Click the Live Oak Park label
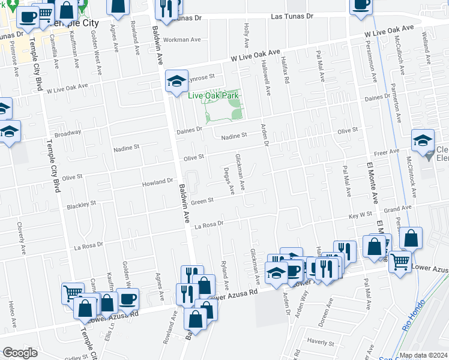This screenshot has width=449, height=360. click(x=213, y=95)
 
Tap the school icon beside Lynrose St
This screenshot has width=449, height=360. click(x=177, y=82)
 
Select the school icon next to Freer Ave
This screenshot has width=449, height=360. click(x=423, y=140)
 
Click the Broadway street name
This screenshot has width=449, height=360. click(x=67, y=133)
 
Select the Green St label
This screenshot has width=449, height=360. click(x=202, y=200)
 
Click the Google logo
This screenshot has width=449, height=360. click(x=20, y=353)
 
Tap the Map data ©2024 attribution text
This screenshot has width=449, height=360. click(x=423, y=355)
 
